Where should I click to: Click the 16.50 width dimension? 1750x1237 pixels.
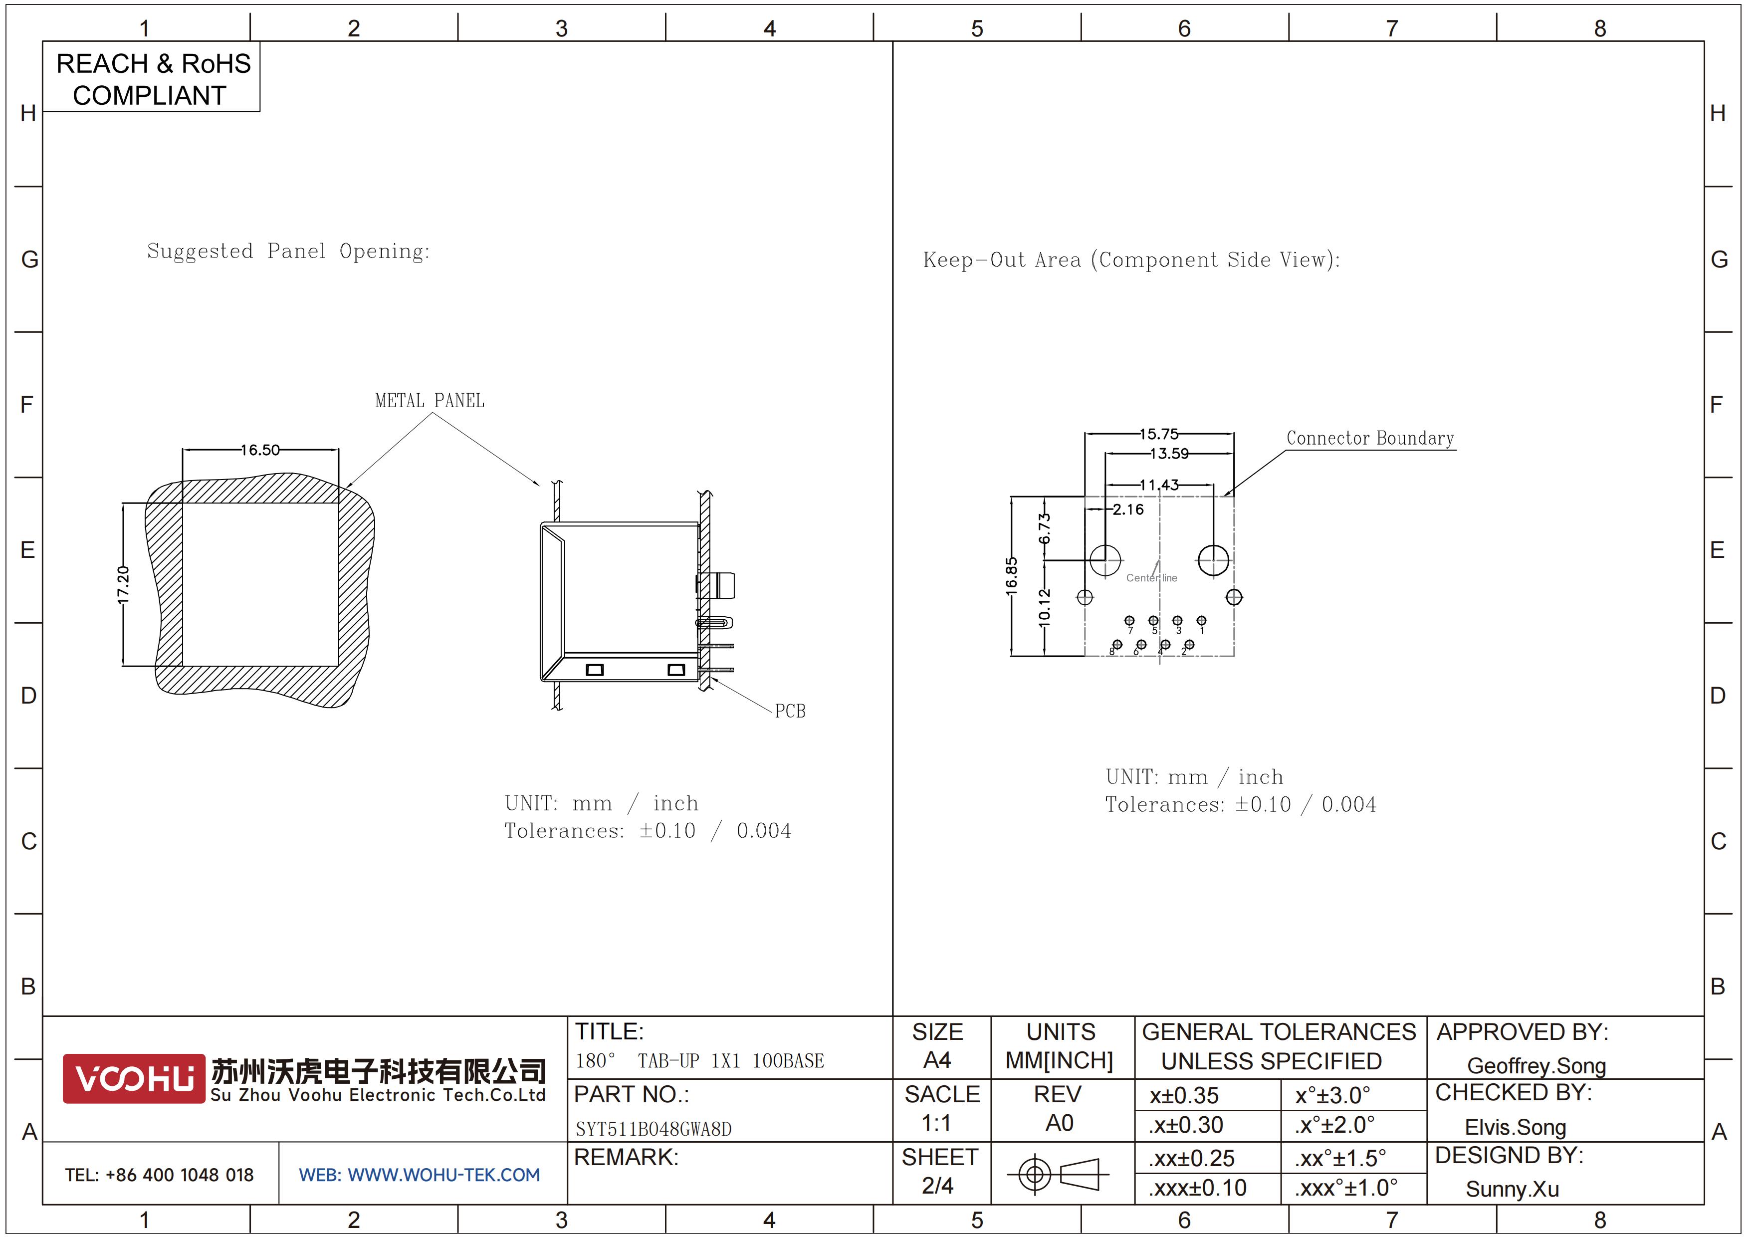(261, 450)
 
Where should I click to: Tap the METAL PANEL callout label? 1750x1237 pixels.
(430, 401)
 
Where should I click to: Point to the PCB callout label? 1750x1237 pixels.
(790, 711)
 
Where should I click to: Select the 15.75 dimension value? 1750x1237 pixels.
(1158, 434)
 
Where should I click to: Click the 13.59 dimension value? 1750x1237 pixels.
(1169, 454)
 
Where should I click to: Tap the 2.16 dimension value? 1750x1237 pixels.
(1128, 509)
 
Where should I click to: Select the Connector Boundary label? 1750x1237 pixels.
(1370, 438)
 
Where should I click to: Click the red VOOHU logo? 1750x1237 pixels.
(134, 1078)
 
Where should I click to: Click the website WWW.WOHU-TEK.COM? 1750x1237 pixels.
(443, 1175)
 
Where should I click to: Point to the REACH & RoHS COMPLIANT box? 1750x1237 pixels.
(152, 78)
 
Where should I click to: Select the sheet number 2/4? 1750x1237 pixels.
(937, 1185)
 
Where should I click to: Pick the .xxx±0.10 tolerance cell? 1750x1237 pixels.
(1197, 1188)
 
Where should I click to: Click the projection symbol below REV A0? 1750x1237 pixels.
(1058, 1174)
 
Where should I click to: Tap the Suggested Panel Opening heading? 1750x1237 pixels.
(288, 251)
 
